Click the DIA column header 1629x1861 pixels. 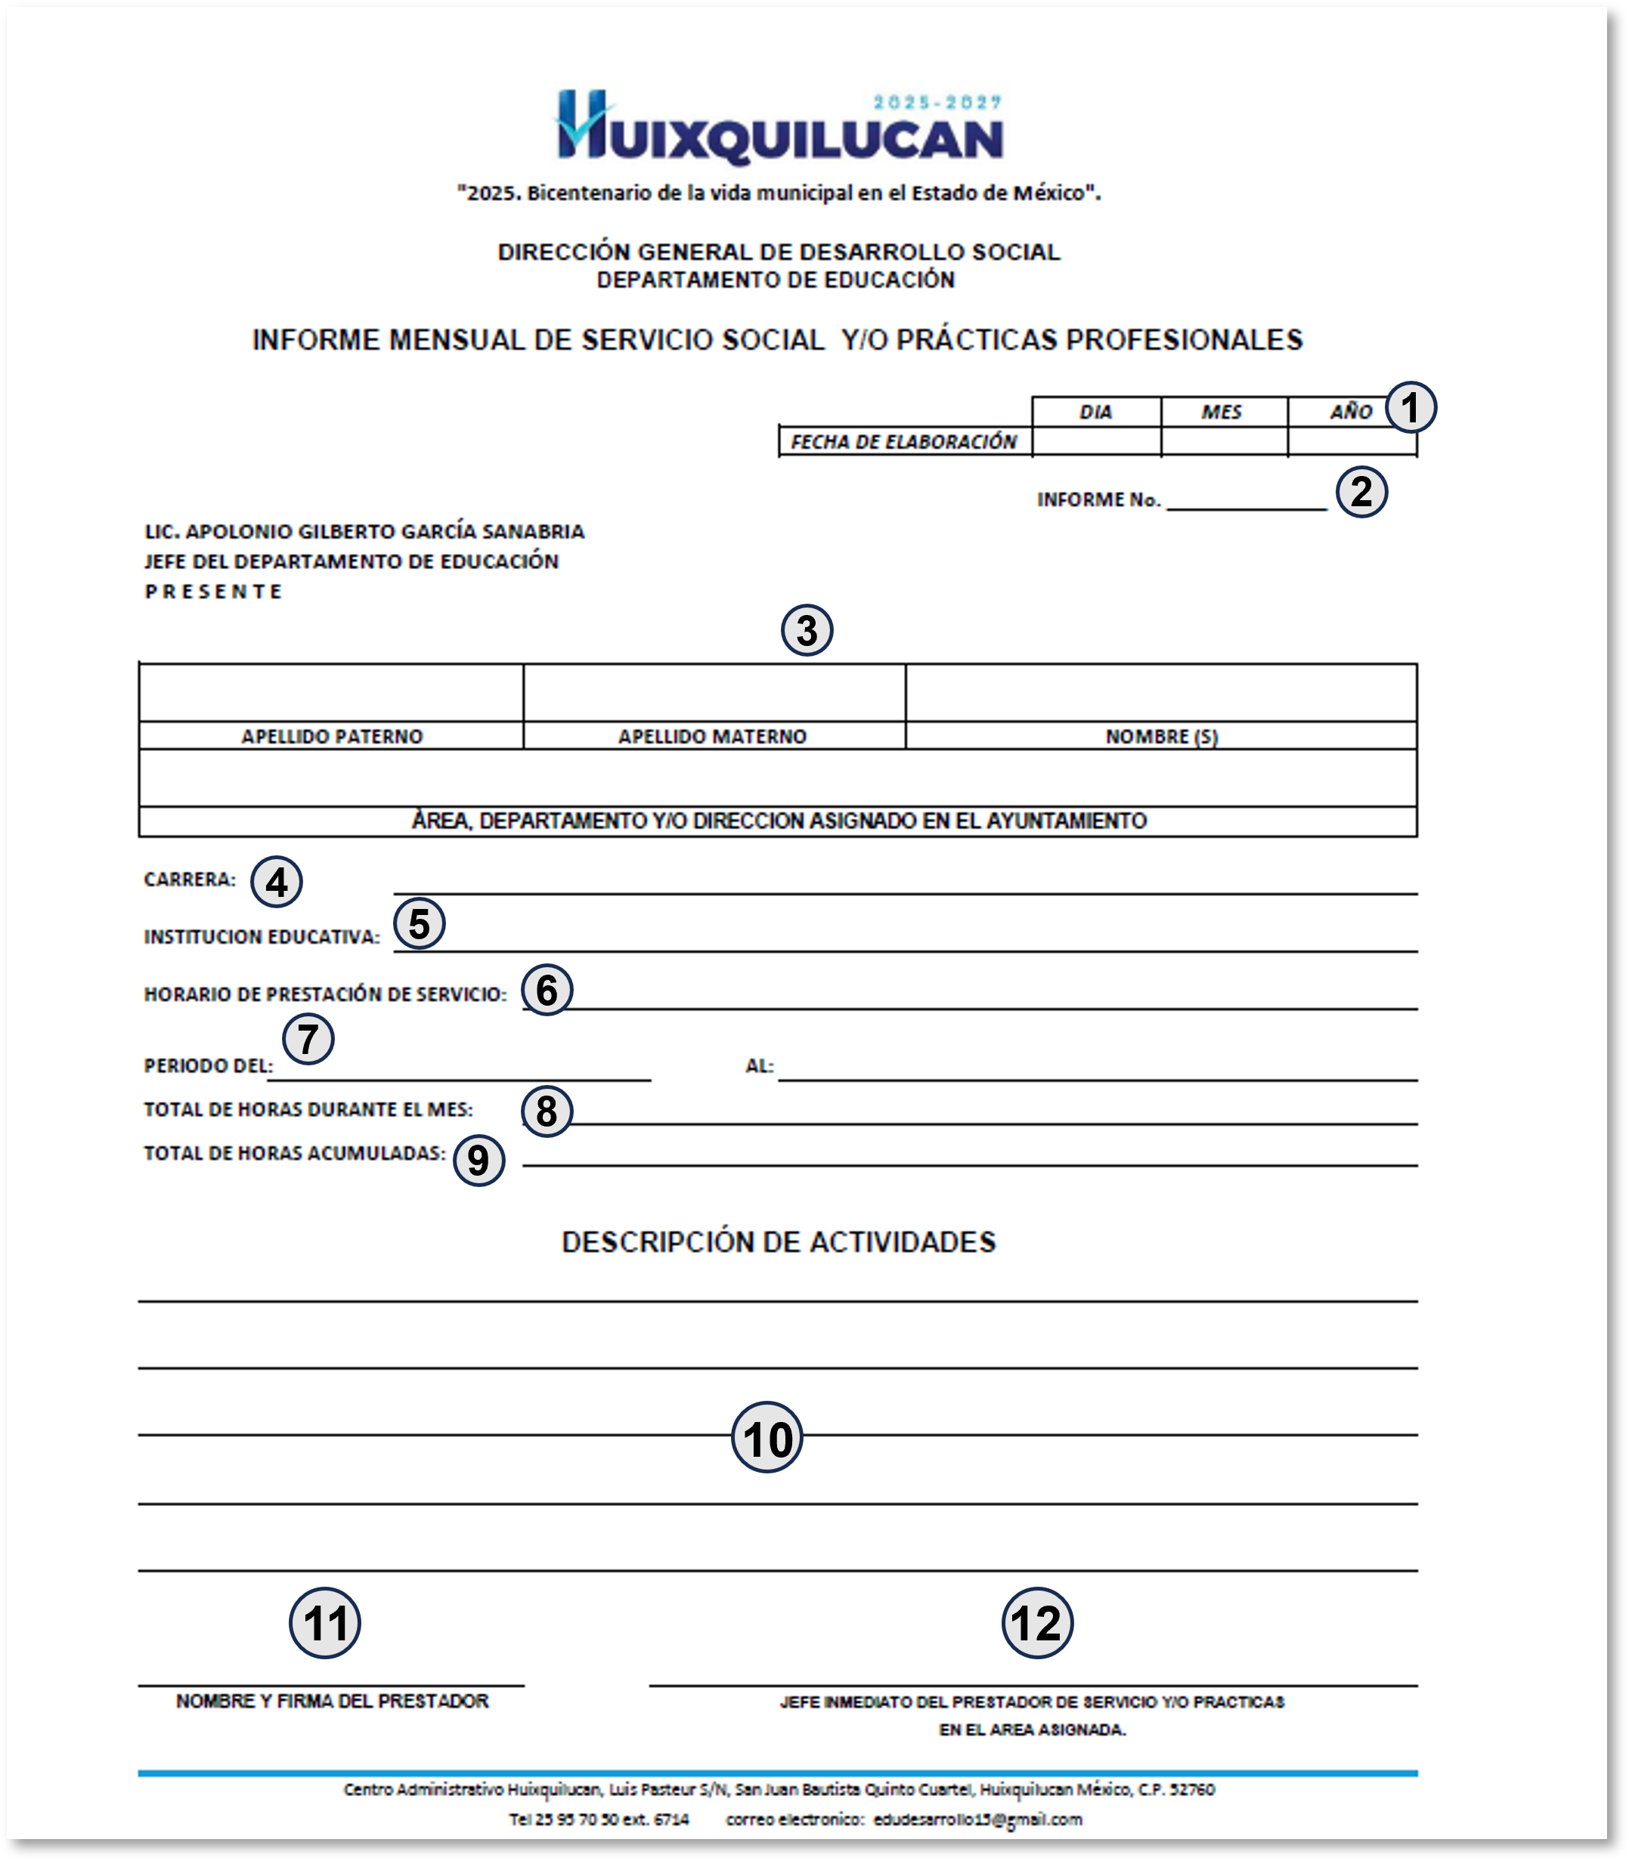click(1095, 412)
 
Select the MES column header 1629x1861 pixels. click(1221, 412)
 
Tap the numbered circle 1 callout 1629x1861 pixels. click(1410, 407)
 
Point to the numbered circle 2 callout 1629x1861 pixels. click(1361, 492)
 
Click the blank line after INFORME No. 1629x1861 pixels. click(1247, 502)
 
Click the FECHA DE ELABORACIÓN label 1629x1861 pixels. click(903, 441)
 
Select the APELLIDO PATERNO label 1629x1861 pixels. click(332, 736)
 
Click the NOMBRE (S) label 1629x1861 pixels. click(1161, 736)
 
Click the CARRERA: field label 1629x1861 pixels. click(189, 879)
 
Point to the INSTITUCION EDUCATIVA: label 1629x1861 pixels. click(262, 937)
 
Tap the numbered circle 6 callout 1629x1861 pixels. click(547, 990)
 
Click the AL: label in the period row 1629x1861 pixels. click(759, 1066)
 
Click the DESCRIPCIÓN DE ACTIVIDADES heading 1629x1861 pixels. click(779, 1242)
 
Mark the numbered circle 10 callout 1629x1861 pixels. click(766, 1439)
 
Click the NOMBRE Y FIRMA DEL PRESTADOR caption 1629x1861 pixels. click(332, 1701)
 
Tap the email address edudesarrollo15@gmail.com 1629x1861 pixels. click(977, 1819)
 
